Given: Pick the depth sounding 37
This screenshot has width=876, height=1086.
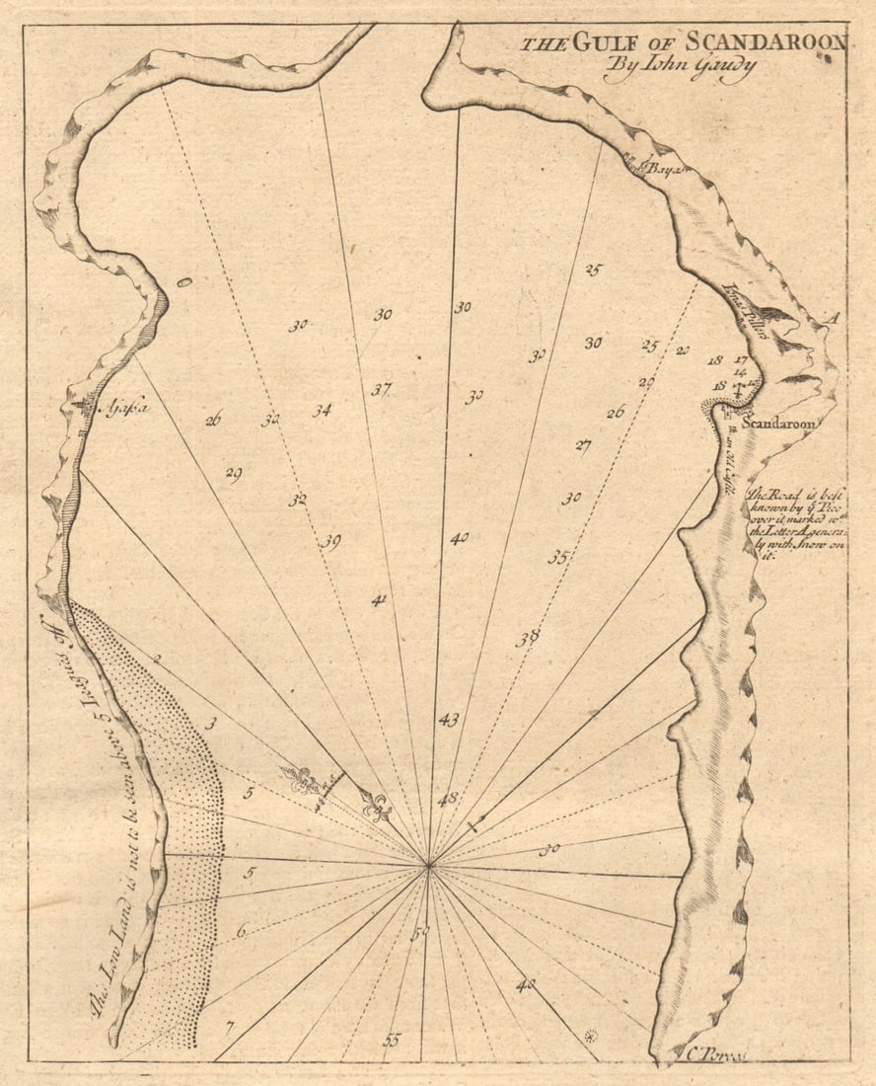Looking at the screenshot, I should click(x=382, y=389).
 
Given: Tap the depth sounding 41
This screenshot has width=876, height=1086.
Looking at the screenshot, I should click(x=380, y=599).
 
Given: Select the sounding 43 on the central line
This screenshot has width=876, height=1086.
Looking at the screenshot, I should click(x=449, y=720).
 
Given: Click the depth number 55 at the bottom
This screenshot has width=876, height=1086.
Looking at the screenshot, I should click(x=393, y=1039).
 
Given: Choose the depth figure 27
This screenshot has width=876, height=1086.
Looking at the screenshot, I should click(x=583, y=445).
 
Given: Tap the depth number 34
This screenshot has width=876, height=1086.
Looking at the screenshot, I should click(x=322, y=411).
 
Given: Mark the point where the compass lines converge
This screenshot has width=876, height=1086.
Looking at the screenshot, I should click(x=429, y=866).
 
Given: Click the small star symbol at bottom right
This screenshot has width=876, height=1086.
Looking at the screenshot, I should click(x=591, y=1036).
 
